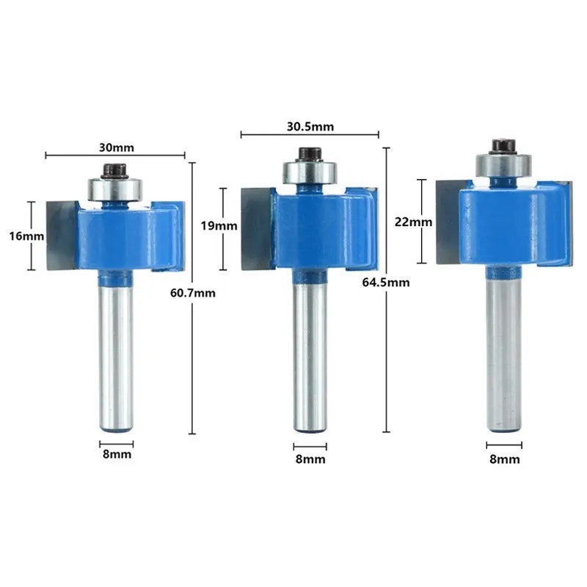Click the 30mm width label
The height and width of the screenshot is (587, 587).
(117, 147)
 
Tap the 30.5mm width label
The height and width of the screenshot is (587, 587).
(310, 126)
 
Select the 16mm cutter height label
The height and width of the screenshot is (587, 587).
(26, 236)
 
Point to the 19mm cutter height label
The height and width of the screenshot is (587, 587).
(219, 226)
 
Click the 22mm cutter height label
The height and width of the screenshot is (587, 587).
(413, 222)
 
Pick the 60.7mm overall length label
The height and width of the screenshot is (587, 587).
(193, 293)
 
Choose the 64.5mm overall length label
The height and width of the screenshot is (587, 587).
(386, 282)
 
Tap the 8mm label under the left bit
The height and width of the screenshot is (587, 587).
(117, 454)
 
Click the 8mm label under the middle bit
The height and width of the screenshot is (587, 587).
(310, 459)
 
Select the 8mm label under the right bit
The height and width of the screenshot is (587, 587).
(505, 459)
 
